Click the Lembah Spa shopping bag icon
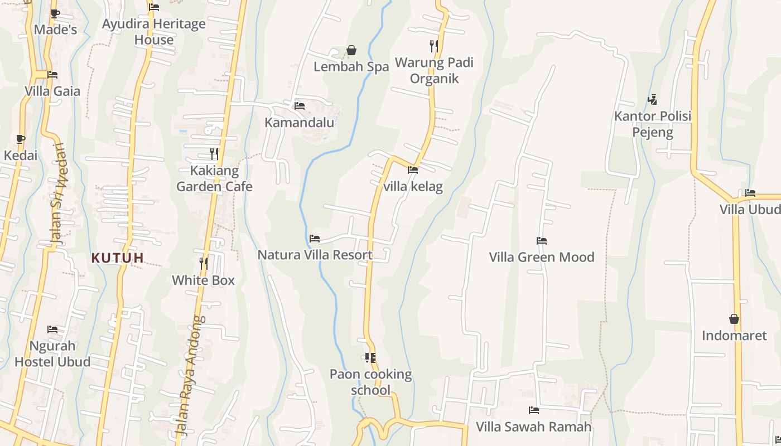click(351, 51)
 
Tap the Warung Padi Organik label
click(434, 70)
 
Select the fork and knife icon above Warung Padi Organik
click(434, 46)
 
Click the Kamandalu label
click(300, 123)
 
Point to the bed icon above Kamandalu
click(300, 105)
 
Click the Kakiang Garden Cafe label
click(214, 178)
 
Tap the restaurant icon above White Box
click(204, 263)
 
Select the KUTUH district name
click(118, 258)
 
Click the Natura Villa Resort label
click(315, 255)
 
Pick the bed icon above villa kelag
click(413, 170)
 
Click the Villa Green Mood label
click(542, 257)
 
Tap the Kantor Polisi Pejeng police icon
click(652, 100)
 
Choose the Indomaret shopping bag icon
click(734, 319)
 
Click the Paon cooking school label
click(370, 382)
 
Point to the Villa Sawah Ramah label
click(533, 427)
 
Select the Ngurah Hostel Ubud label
click(52, 354)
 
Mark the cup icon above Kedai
click(21, 139)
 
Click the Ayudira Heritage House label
click(154, 32)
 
